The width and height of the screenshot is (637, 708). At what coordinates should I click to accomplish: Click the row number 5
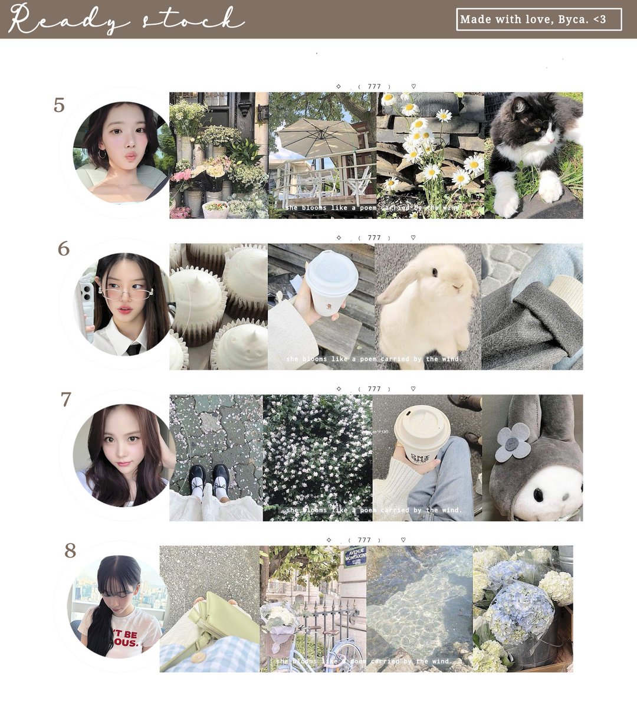click(59, 105)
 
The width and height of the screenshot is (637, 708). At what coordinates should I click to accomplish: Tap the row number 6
click(63, 249)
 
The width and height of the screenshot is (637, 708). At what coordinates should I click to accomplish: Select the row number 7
click(65, 399)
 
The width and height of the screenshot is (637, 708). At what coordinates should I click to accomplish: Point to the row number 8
click(70, 550)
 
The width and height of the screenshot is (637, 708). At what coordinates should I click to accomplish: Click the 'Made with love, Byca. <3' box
click(539, 19)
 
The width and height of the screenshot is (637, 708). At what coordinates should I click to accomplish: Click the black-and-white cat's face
click(540, 124)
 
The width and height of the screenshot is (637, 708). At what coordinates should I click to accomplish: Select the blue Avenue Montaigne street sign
click(355, 556)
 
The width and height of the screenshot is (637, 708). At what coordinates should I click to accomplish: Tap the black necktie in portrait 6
click(134, 348)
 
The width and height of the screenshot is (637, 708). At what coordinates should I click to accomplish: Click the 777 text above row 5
click(374, 87)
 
